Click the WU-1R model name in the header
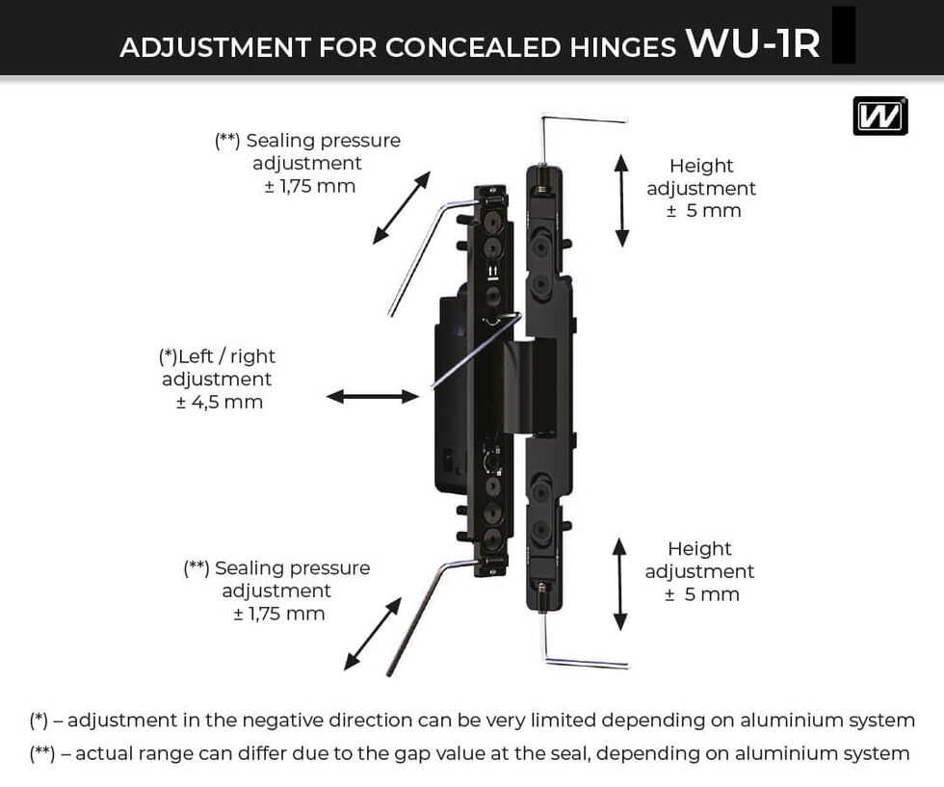pos(751,43)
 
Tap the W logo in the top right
pos(879,117)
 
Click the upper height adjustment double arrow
pos(622,199)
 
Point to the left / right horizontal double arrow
pos(373,396)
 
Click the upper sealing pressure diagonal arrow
pos(402,207)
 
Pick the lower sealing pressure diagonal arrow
pos(373,633)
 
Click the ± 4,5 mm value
pos(219,403)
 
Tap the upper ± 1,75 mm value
pos(309,186)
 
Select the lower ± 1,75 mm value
pos(278,614)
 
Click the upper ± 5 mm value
pos(703,211)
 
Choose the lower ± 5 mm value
pos(701,594)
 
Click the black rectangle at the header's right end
pos(844,35)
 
